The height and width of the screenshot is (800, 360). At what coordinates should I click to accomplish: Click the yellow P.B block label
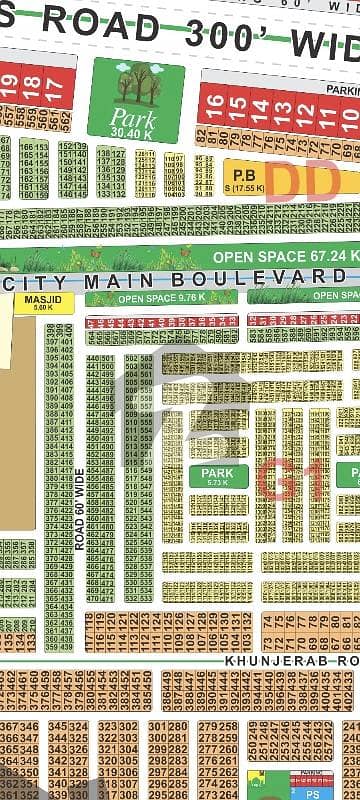tap(244, 177)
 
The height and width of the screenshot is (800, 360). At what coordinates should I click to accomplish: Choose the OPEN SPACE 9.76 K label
tap(160, 298)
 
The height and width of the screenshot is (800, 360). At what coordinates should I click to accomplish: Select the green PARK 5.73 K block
tap(217, 476)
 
